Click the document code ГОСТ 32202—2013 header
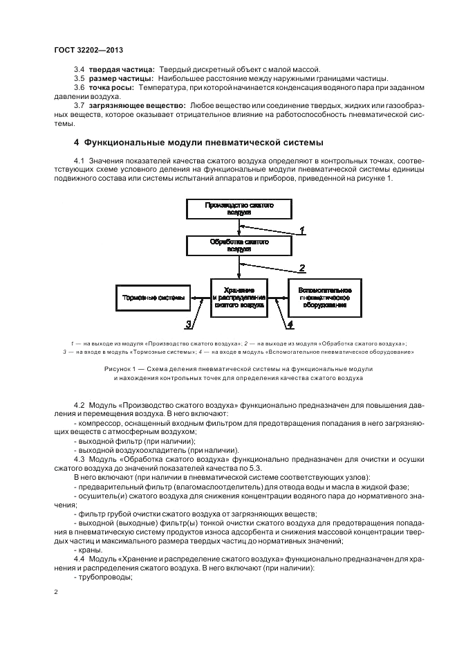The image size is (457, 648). [88, 51]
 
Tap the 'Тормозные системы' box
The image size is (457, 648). [153, 298]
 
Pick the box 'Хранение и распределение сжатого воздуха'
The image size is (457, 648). [240, 298]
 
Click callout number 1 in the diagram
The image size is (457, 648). [301, 229]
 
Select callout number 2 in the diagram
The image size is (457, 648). [301, 267]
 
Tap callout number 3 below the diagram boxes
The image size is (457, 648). [187, 323]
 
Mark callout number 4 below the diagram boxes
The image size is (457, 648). [290, 323]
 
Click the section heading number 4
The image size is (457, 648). [76, 143]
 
